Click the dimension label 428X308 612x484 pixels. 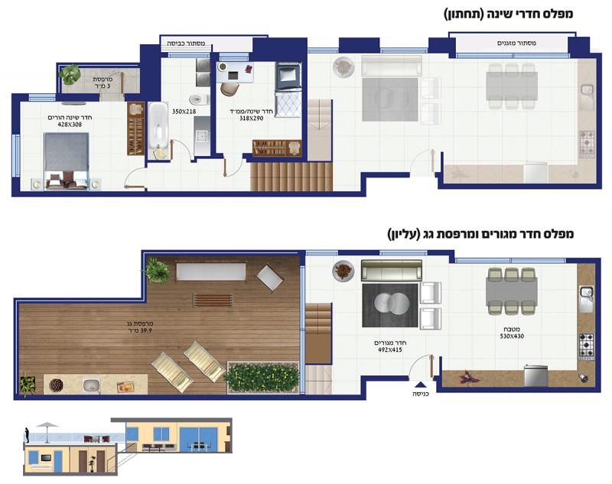[x=64, y=125]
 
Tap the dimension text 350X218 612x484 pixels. [x=184, y=112]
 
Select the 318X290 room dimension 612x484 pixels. [x=252, y=119]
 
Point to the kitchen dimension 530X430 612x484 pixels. [x=512, y=336]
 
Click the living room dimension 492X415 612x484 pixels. [x=390, y=350]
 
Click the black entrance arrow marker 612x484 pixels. [x=421, y=385]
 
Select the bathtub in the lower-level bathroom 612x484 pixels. [x=158, y=131]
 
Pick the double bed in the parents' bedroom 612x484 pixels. [x=67, y=161]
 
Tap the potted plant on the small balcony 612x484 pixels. [x=70, y=73]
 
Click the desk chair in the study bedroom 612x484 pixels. [x=229, y=89]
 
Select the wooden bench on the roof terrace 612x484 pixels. [x=213, y=300]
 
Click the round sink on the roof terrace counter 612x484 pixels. [x=91, y=385]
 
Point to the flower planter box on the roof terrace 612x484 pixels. [x=262, y=378]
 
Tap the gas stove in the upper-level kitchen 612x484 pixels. [x=586, y=346]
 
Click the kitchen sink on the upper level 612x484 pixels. [x=585, y=299]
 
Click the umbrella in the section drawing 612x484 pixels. [x=47, y=431]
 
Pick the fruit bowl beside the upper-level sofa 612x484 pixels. [x=343, y=270]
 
